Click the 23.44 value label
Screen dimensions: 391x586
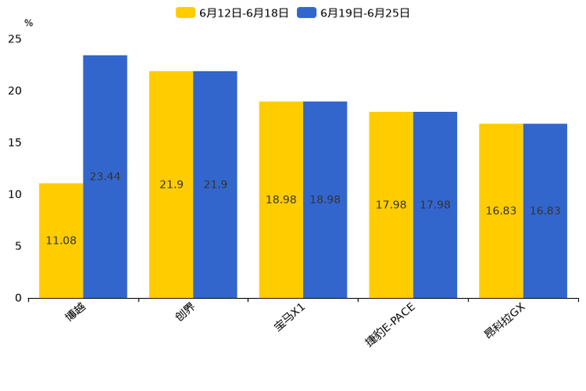[x=105, y=177]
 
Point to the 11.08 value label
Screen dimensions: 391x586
[x=61, y=240]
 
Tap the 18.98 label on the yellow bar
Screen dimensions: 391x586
[x=281, y=199]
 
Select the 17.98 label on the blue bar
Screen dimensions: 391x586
[x=435, y=205]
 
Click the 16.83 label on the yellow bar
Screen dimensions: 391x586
[x=501, y=210]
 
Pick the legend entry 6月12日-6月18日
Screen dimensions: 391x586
[x=232, y=13]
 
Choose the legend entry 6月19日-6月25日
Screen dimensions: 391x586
[x=354, y=13]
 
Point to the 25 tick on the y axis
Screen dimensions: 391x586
[x=15, y=39]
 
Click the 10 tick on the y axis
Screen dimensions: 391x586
[x=15, y=194]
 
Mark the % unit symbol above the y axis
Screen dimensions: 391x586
[x=28, y=24]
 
